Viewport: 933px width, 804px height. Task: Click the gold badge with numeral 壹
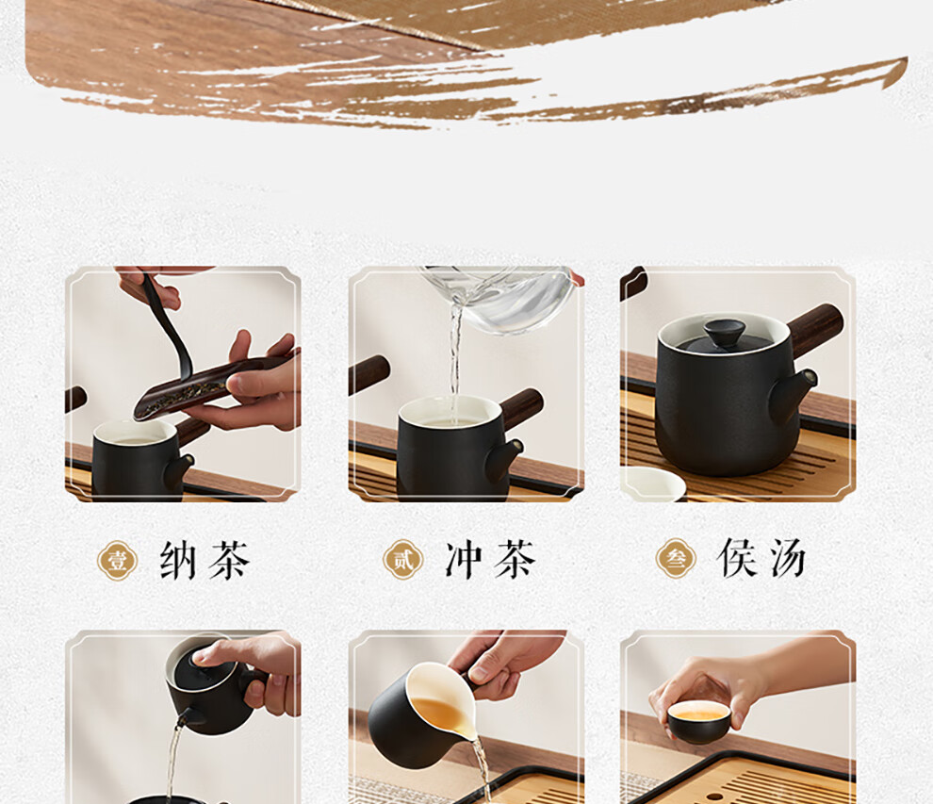coord(117,561)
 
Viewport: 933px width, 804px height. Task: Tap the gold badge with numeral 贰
coord(402,560)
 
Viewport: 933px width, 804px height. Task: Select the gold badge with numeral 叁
coord(676,559)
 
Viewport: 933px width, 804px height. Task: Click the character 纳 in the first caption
coord(178,560)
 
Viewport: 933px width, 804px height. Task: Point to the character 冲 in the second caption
coord(464,560)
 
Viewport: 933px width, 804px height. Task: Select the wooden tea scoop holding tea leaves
coord(214,386)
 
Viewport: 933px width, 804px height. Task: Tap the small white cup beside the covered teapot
coord(652,484)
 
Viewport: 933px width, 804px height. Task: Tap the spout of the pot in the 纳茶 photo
coord(178,470)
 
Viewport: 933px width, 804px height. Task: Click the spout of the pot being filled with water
coord(504,459)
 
